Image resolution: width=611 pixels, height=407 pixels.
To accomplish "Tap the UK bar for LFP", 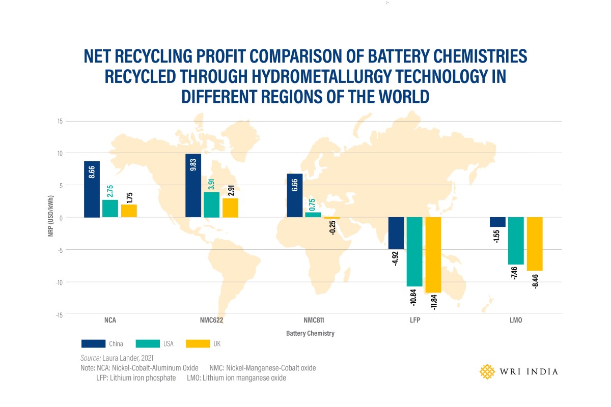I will [x=433, y=255].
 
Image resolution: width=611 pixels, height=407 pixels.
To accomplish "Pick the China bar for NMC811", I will [x=294, y=195].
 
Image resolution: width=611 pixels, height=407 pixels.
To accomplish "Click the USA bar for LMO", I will [x=516, y=241].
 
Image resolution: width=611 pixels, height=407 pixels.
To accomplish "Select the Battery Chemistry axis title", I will [x=310, y=334].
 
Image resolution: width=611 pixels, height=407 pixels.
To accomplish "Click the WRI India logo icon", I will [x=488, y=371].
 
